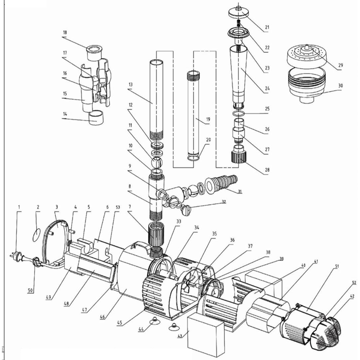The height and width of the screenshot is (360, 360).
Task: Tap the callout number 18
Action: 65,33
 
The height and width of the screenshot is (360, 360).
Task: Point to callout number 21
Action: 267,28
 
